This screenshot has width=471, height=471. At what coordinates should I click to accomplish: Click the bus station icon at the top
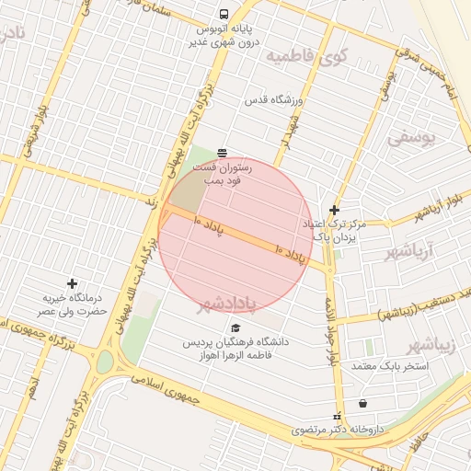[224, 14]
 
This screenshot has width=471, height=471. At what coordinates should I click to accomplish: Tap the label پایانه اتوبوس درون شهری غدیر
[224, 35]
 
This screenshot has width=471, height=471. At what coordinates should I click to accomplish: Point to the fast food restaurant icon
[222, 153]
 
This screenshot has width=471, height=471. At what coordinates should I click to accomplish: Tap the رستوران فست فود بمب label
[218, 175]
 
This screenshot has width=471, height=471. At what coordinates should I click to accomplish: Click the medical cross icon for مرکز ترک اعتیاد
[334, 210]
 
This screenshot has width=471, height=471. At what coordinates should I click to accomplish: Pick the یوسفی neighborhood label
[408, 138]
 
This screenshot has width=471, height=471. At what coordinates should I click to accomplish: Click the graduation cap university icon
[235, 328]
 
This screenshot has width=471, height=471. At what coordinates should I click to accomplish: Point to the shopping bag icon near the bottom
[362, 403]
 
